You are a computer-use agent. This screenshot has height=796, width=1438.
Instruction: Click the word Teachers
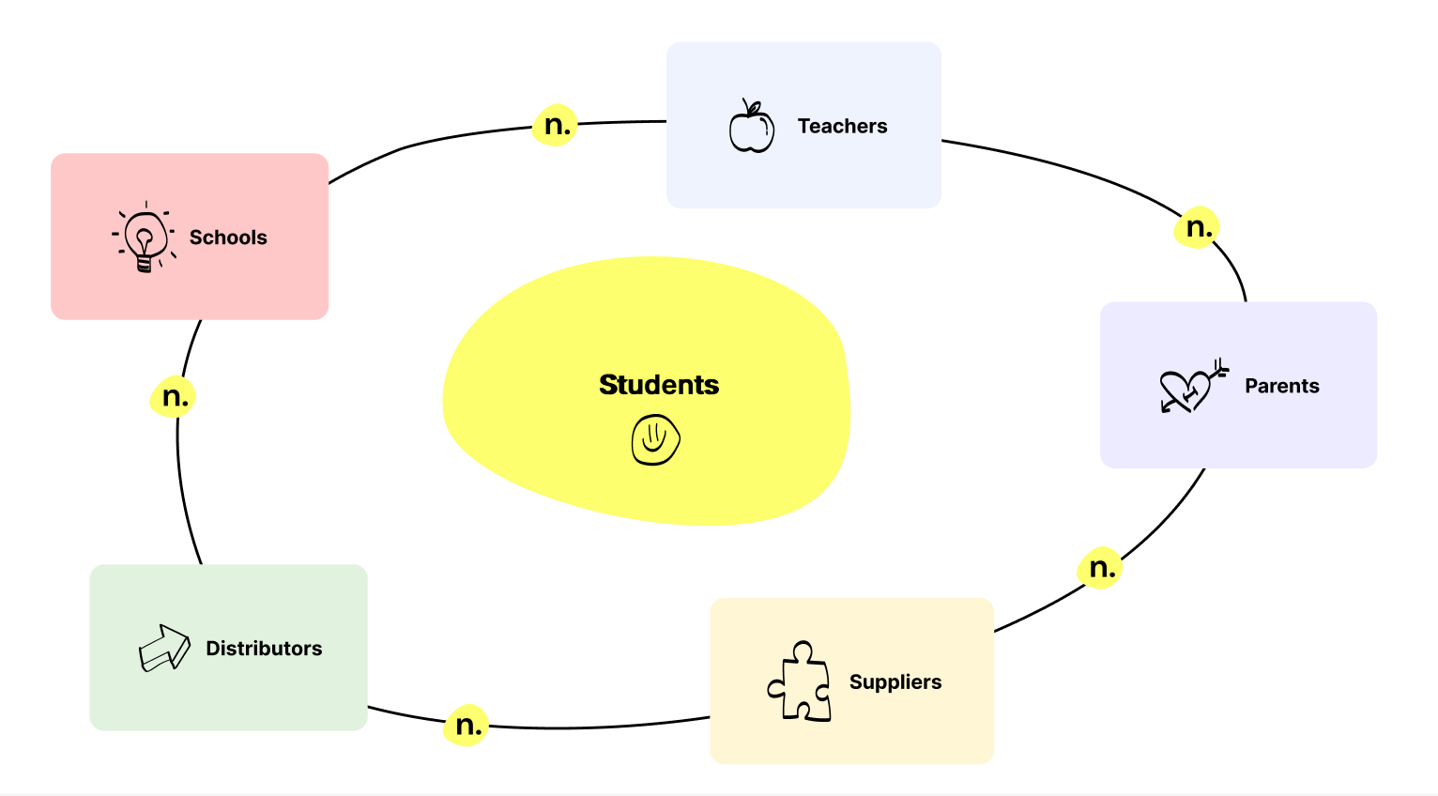click(842, 126)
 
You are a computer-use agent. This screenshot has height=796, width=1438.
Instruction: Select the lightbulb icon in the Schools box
click(145, 237)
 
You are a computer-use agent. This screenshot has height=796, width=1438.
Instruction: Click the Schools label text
click(228, 237)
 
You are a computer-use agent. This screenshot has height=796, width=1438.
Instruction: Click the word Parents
click(1281, 386)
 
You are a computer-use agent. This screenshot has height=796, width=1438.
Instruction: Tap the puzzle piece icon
click(800, 681)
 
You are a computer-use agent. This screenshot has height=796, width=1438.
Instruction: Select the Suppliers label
click(895, 682)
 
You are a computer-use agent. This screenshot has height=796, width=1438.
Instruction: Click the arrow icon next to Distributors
click(163, 648)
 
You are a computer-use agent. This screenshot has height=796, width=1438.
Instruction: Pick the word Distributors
click(264, 649)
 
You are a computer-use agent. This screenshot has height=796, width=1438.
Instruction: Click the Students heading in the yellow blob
click(659, 385)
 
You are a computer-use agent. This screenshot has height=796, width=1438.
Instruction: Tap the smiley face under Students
click(655, 439)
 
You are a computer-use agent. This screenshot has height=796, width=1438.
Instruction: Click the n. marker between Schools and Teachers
click(556, 125)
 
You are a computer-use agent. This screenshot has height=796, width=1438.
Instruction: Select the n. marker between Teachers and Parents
click(1198, 227)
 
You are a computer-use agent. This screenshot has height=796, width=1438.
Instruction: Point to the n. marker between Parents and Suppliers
click(1100, 568)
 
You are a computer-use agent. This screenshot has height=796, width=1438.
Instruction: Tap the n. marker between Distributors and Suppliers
click(467, 726)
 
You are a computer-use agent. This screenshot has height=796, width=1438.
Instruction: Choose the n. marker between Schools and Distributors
click(174, 397)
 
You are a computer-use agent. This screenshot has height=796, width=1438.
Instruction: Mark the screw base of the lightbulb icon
click(144, 264)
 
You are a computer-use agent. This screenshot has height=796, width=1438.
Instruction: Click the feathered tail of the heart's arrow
click(1219, 366)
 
